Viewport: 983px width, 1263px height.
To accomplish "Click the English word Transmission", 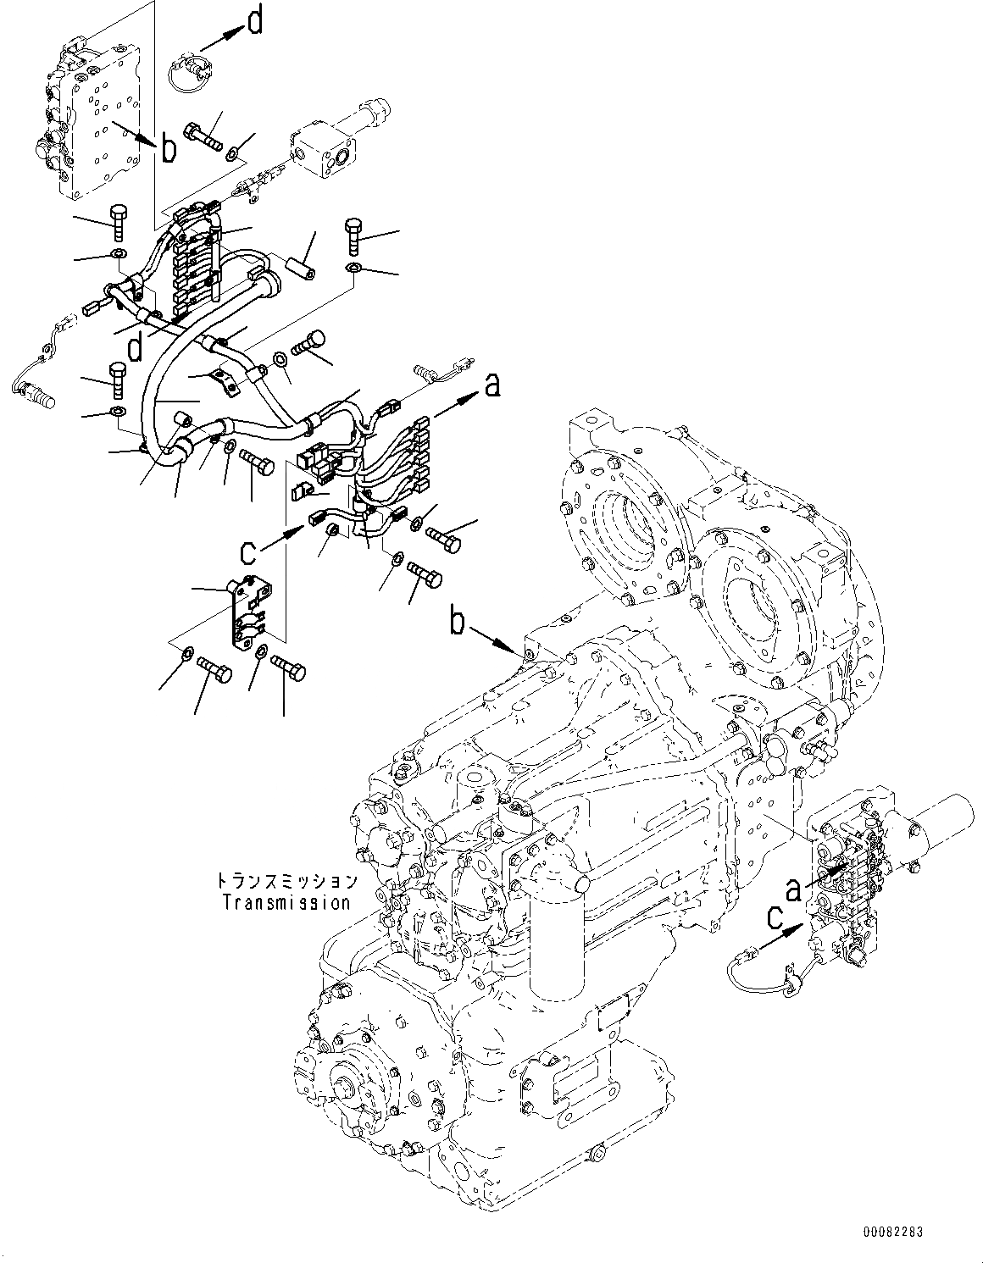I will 286,902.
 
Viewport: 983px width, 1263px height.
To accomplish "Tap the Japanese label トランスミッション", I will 286,883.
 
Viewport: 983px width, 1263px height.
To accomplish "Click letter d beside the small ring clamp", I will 255,22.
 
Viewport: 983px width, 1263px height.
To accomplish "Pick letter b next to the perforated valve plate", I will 169,149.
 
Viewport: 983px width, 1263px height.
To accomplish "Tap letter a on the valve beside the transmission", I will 794,889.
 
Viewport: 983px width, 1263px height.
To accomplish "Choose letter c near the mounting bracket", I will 247,553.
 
